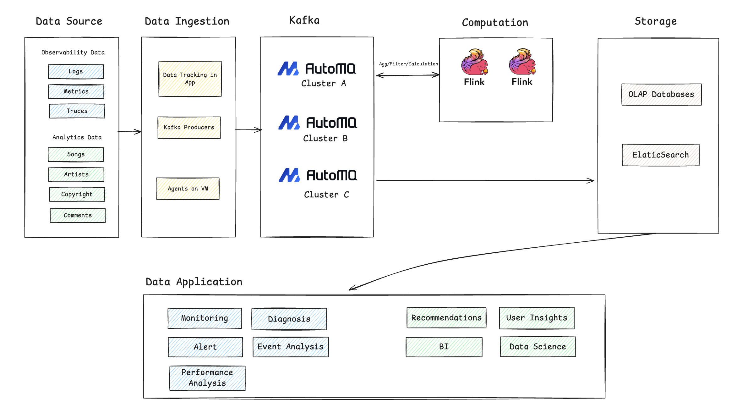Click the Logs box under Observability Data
[76, 72]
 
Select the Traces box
[77, 111]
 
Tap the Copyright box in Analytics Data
[77, 194]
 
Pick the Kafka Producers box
[189, 127]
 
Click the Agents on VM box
[188, 189]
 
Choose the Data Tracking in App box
[190, 79]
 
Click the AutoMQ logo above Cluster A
[317, 69]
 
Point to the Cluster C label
[326, 195]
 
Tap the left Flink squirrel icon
[474, 62]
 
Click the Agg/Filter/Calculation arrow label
[408, 64]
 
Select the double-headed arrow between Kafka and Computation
[408, 75]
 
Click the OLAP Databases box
[661, 94]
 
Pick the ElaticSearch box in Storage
[661, 155]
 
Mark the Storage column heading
[656, 21]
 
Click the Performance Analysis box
[207, 378]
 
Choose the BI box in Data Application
[444, 347]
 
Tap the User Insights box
[537, 318]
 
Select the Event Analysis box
[291, 347]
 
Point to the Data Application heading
[194, 282]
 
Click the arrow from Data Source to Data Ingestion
[130, 132]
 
